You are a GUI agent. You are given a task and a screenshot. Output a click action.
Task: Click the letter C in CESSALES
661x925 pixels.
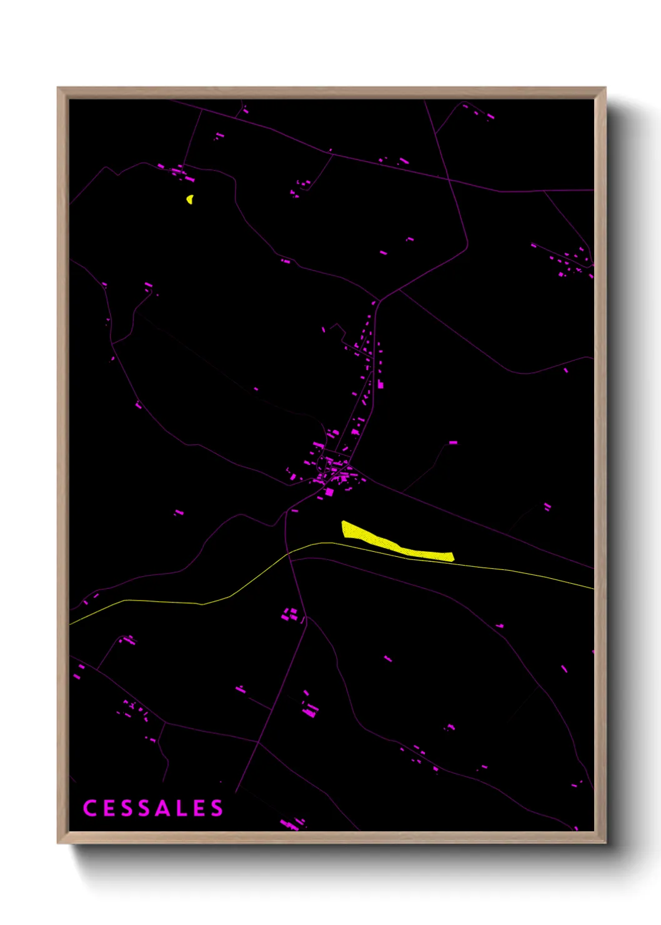89,808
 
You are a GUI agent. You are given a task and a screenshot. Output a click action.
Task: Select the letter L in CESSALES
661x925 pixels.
181,808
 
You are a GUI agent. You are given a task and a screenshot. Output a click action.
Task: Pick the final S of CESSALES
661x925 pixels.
216,808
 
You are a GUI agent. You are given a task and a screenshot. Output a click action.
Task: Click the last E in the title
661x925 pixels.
199,808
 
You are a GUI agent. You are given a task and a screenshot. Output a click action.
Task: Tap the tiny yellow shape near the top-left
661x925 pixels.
189,199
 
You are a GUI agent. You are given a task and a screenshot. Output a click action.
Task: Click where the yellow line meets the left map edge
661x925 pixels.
70,624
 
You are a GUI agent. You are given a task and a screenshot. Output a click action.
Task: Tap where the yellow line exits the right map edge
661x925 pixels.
593,588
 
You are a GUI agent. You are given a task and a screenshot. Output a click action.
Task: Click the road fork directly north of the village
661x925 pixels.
379,300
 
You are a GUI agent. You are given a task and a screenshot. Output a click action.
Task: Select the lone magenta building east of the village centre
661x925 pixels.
453,442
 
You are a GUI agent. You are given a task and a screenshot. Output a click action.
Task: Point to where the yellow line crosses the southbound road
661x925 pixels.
288,554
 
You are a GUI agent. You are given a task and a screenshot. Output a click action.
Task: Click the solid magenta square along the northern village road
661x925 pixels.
380,385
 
